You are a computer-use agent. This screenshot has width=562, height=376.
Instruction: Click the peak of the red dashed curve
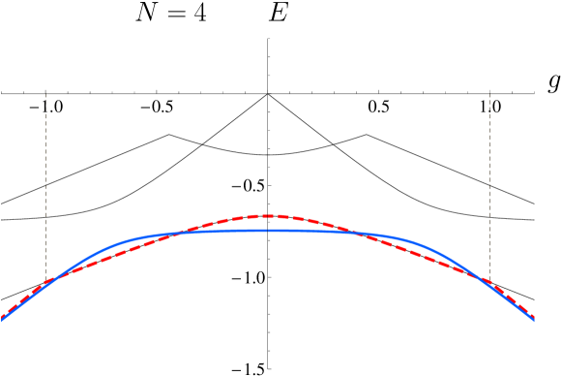coord(268,215)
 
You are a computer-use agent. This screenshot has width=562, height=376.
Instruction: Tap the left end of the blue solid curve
coord(2,319)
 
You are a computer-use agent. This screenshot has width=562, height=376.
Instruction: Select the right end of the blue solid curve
coord(534,319)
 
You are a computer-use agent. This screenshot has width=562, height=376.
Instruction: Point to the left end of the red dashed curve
coord(2,315)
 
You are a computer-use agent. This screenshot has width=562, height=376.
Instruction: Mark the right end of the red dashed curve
coord(534,317)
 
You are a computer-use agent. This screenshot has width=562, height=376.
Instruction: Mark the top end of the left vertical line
coord(45,94)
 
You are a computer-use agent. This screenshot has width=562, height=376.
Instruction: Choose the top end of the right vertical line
coord(489,94)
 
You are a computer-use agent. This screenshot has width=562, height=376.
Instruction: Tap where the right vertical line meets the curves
coord(489,284)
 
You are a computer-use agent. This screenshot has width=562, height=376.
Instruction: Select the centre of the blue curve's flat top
coord(268,230)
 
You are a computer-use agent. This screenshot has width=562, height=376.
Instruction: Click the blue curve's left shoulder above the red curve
coord(116,243)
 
